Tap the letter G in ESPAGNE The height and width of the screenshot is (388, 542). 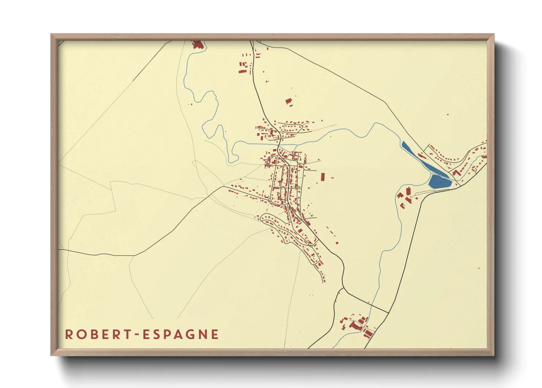pos(187,334)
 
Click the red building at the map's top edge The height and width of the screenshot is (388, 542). pos(197,44)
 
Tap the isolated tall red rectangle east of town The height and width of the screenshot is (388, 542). pos(323,177)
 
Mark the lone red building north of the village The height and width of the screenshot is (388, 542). pos(289,101)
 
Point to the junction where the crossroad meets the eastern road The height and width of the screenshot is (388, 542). pos(388,313)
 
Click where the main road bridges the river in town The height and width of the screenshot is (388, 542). pos(279,144)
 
